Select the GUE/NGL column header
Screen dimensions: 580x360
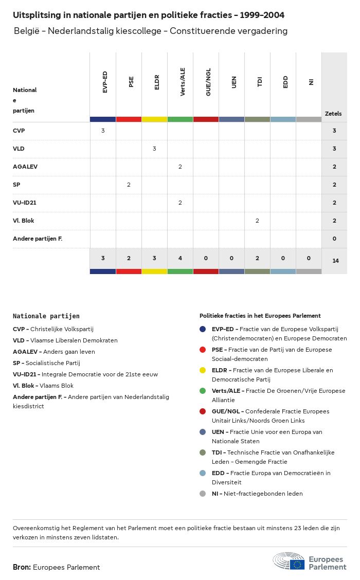point(208,84)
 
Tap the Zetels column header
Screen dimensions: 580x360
point(333,114)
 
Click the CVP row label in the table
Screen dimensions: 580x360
point(19,131)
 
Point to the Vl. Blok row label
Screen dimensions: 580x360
point(23,221)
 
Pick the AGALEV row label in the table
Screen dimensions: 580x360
point(25,167)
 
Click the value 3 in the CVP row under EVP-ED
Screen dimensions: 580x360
point(103,131)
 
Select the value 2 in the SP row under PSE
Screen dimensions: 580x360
point(129,185)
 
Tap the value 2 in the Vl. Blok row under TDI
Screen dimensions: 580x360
point(257,221)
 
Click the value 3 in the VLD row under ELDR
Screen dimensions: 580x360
point(154,149)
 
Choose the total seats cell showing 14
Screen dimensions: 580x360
point(335,261)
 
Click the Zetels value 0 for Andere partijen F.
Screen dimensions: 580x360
point(334,239)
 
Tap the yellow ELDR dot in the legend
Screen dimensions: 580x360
point(203,370)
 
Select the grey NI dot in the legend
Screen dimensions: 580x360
point(203,494)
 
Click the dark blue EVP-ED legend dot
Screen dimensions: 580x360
point(203,329)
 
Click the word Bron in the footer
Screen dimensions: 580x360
point(22,567)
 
